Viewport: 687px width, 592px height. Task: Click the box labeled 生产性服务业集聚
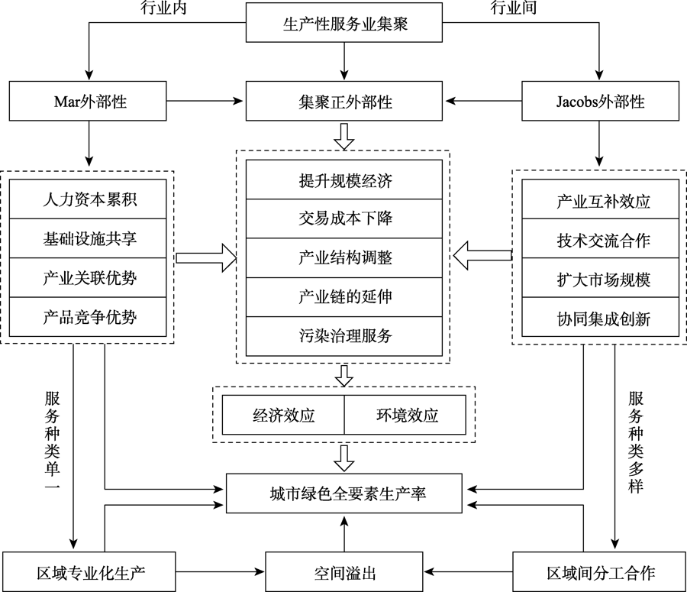click(x=343, y=23)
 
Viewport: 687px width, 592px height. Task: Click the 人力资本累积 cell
click(x=90, y=199)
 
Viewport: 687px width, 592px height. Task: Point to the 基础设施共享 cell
click(x=90, y=238)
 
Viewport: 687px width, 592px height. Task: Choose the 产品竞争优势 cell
click(x=90, y=316)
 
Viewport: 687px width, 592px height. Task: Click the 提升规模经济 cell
click(x=345, y=180)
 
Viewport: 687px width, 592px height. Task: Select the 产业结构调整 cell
click(x=345, y=258)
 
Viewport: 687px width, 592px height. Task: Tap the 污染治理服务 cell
click(x=345, y=335)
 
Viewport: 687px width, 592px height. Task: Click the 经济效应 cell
click(x=283, y=416)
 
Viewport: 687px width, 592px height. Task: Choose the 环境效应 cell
click(x=406, y=416)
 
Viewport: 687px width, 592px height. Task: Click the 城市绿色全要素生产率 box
click(x=345, y=493)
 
